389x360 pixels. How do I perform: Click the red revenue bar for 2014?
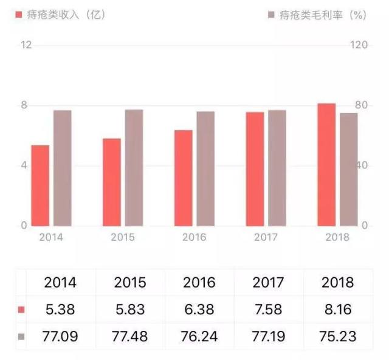coord(40,185)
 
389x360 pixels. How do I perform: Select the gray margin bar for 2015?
coord(134,168)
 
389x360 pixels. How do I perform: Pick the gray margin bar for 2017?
coord(277,168)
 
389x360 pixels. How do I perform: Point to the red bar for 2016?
coord(183,178)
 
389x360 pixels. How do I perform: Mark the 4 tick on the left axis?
coord(25,165)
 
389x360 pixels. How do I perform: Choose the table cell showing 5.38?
coord(60,310)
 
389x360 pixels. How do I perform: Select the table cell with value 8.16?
coord(339,310)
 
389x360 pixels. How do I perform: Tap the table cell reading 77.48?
coord(129,336)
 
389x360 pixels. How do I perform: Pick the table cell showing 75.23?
coord(339,336)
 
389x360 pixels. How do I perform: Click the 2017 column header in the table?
coord(269,283)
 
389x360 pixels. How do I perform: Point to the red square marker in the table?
coord(21,310)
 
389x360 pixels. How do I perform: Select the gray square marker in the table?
coord(21,336)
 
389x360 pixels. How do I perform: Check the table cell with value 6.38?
coord(199,310)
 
